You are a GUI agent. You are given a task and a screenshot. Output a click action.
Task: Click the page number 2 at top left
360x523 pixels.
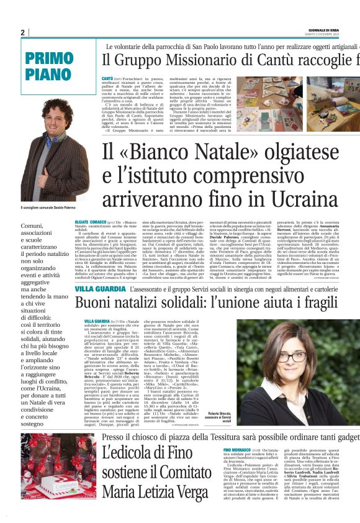22,32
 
